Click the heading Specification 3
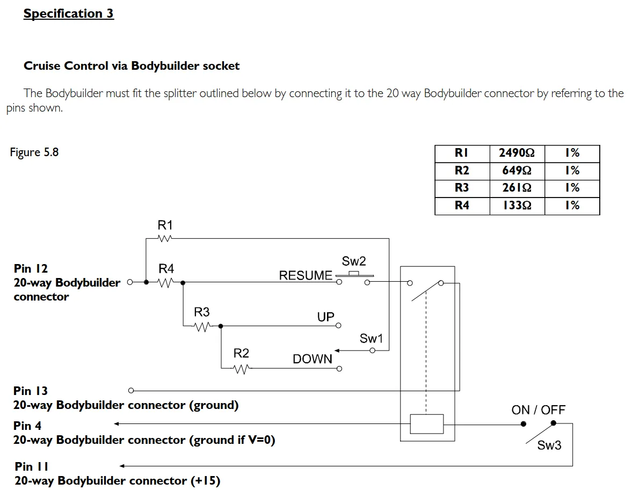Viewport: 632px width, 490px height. click(x=68, y=13)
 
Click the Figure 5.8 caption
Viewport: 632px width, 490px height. click(x=34, y=152)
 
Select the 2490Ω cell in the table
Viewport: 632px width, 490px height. click(x=517, y=153)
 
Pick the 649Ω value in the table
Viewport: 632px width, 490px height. click(x=517, y=171)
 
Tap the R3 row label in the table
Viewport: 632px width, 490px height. click(x=462, y=188)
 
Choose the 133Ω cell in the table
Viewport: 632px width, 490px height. click(x=517, y=206)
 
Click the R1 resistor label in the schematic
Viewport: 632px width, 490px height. click(x=165, y=225)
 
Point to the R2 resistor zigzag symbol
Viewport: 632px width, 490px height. click(x=241, y=369)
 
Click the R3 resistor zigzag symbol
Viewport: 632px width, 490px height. click(x=201, y=326)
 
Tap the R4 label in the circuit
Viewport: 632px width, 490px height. click(x=166, y=268)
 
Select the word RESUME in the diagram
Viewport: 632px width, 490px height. click(x=306, y=275)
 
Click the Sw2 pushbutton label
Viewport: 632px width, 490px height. click(x=353, y=261)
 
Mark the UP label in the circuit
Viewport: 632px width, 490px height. click(x=325, y=317)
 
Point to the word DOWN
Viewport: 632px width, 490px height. click(x=313, y=359)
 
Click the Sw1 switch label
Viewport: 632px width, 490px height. click(x=371, y=339)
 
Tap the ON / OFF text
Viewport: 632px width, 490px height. click(x=538, y=410)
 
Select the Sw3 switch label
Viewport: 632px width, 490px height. click(x=549, y=445)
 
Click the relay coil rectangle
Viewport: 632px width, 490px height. click(x=426, y=423)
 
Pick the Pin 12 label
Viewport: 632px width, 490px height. click(x=31, y=268)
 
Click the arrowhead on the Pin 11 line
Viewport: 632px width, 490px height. click(x=122, y=466)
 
